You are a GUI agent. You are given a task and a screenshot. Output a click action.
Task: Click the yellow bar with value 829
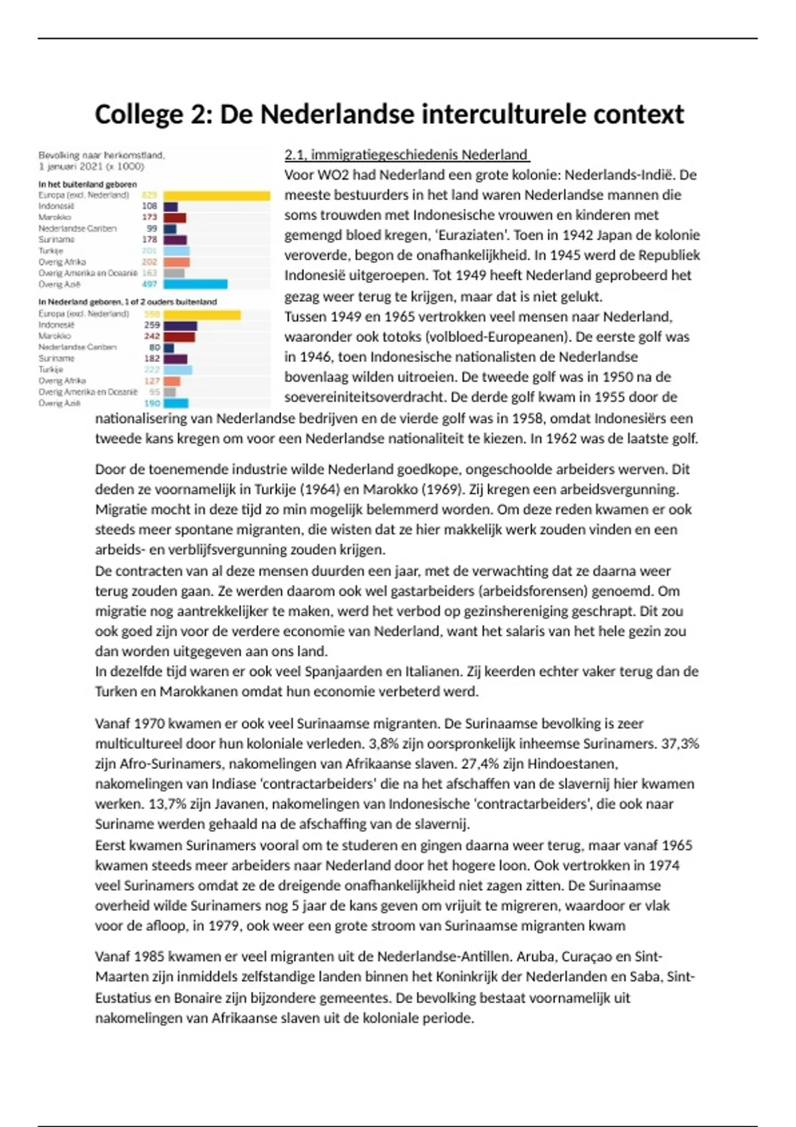point(216,196)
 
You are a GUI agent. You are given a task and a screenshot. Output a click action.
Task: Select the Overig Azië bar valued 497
point(195,284)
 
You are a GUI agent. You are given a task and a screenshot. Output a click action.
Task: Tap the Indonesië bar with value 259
point(180,326)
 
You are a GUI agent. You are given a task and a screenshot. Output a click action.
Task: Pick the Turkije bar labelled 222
point(178,370)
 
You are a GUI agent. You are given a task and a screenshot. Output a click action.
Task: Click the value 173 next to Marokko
point(149,217)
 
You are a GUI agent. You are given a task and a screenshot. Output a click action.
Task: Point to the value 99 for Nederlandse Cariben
point(152,229)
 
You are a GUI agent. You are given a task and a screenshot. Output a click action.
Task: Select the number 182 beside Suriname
point(152,359)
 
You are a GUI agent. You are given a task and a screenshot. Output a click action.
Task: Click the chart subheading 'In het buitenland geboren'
point(88,184)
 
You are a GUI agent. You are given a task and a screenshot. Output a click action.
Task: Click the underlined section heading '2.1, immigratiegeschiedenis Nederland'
point(407,155)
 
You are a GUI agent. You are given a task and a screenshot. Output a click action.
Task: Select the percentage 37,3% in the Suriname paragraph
point(680,744)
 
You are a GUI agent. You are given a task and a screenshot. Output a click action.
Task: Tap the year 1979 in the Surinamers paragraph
point(224,926)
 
